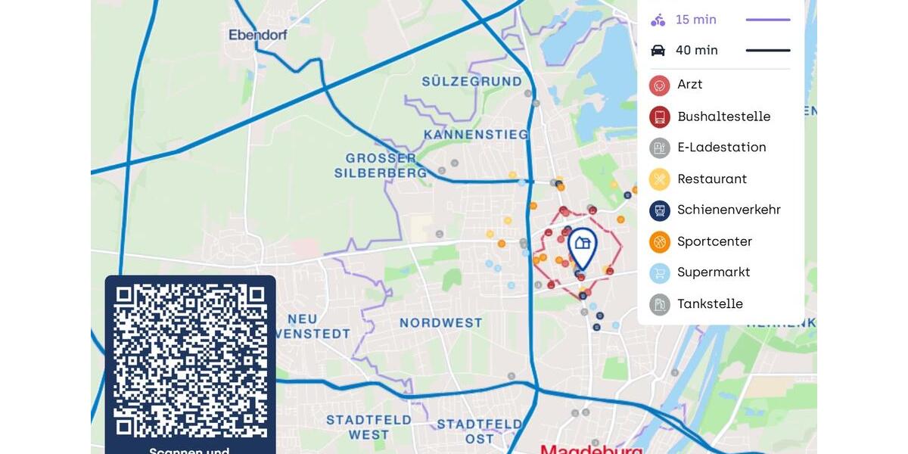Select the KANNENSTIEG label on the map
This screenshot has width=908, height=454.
(476, 135)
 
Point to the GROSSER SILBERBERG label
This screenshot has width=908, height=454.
(381, 166)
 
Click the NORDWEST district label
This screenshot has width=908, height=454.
(440, 323)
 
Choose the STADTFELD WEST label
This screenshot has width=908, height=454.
(368, 427)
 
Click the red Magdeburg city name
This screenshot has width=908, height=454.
(592, 449)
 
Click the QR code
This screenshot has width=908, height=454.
(190, 360)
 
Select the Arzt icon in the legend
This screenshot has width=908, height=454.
(659, 85)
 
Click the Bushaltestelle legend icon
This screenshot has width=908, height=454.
(659, 117)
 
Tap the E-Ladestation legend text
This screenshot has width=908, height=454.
(721, 148)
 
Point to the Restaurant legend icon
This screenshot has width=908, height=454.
(659, 179)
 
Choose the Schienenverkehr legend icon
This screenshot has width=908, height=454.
(659, 210)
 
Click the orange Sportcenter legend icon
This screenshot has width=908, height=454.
(659, 242)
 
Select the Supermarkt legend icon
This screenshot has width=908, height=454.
(659, 273)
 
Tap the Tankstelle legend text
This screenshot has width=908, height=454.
(710, 304)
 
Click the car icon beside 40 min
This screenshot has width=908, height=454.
(658, 51)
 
